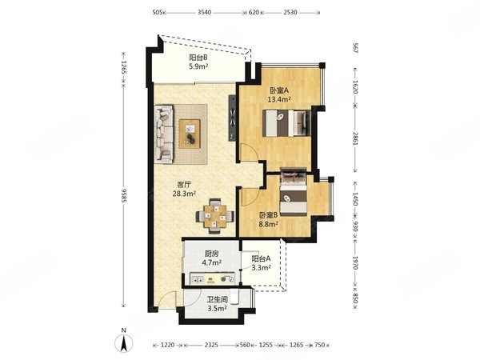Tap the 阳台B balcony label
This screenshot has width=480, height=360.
point(198,58)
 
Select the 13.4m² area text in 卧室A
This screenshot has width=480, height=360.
point(279,99)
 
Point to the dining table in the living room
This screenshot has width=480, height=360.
point(215,216)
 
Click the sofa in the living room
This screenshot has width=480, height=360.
point(164,134)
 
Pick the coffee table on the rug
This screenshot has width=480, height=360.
point(190,134)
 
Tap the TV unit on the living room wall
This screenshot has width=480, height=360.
point(232,118)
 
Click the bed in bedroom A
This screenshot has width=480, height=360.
point(286,123)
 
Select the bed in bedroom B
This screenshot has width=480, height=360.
point(294,192)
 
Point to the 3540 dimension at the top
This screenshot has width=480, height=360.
point(204,13)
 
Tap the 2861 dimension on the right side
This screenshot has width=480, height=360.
point(355,139)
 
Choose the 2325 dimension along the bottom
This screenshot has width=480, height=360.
point(211,345)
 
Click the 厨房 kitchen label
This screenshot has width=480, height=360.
point(212,254)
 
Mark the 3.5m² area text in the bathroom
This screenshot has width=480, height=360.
point(217,309)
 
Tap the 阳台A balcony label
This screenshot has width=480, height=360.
point(261,258)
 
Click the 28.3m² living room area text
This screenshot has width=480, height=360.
point(184,194)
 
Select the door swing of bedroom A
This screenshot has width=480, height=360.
point(250,152)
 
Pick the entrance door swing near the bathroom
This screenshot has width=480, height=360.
point(168,299)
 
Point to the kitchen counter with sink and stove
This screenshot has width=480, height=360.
point(212,278)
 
